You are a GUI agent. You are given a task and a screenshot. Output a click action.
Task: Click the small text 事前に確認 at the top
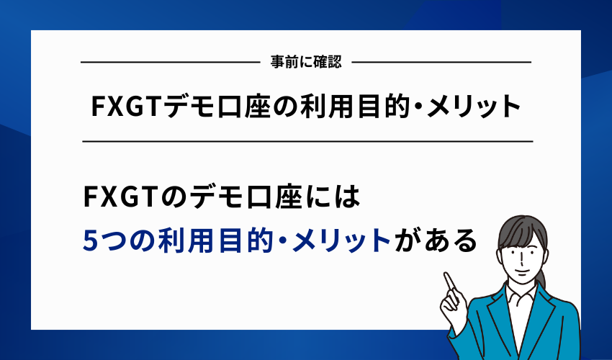[x=306, y=63]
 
